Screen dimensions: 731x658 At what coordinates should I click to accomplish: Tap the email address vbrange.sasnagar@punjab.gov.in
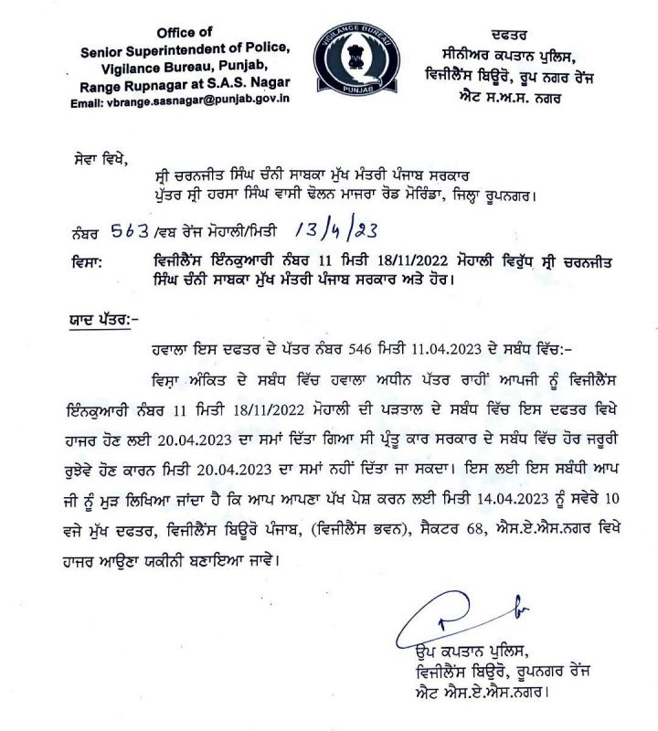201,105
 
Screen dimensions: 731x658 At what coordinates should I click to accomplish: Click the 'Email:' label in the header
92,105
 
